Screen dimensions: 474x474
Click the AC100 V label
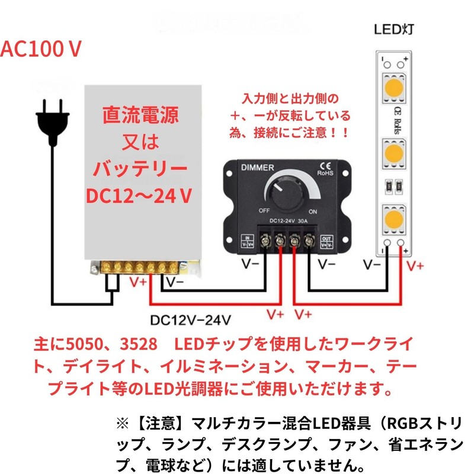click(40, 50)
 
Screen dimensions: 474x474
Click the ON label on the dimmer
click(313, 211)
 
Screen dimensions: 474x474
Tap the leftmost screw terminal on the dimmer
click(264, 241)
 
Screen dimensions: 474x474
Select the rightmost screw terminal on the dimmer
click(309, 241)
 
